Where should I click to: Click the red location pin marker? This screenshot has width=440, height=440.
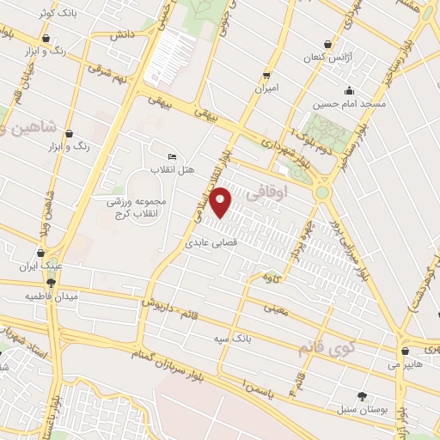221,202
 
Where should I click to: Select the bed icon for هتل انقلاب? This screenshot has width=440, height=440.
172,156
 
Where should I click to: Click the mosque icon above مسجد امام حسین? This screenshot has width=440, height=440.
348,91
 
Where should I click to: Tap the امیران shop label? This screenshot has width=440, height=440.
266,88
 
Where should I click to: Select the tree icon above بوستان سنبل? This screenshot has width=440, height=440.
361,396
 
